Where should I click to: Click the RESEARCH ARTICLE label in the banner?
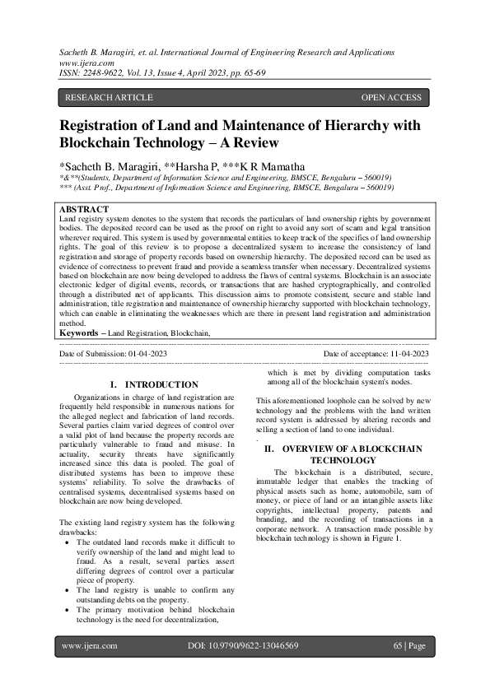coord(109,98)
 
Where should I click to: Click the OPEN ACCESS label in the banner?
coord(391,98)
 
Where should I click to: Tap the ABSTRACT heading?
coord(85,211)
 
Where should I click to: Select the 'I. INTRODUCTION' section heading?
coord(154,384)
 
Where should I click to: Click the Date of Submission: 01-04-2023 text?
coord(114,353)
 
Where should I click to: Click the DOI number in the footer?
coord(243,646)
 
